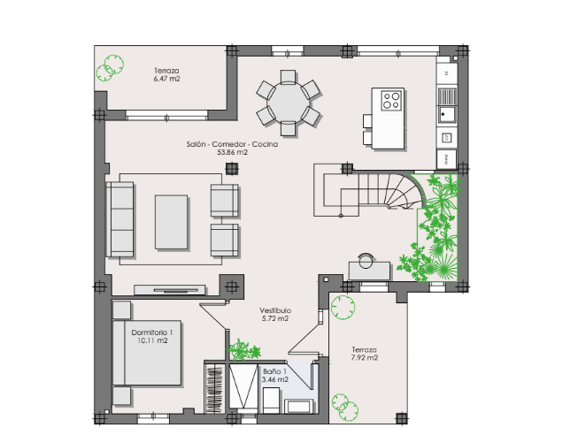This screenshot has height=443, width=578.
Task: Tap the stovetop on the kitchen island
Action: [391, 101]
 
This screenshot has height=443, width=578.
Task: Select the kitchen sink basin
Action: [447, 114]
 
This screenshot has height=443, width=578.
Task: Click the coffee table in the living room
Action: [172, 222]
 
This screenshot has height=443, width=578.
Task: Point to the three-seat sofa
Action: [119, 219]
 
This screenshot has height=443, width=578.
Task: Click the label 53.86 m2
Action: [232, 152]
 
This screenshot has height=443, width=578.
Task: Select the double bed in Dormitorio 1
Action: [147, 353]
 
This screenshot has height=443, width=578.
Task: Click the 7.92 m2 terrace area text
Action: [365, 357]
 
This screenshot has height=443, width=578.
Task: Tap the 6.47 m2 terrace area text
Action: [167, 79]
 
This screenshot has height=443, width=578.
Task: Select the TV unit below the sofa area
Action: [170, 290]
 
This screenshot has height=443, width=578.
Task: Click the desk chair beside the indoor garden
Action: [366, 260]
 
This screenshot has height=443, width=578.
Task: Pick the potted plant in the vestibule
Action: [243, 350]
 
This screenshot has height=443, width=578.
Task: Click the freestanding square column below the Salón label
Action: [232, 169]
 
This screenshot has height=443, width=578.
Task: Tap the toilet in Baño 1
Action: [271, 401]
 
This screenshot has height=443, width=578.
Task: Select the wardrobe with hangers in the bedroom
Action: [215, 388]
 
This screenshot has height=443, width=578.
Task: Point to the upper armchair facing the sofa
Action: [225, 201]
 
